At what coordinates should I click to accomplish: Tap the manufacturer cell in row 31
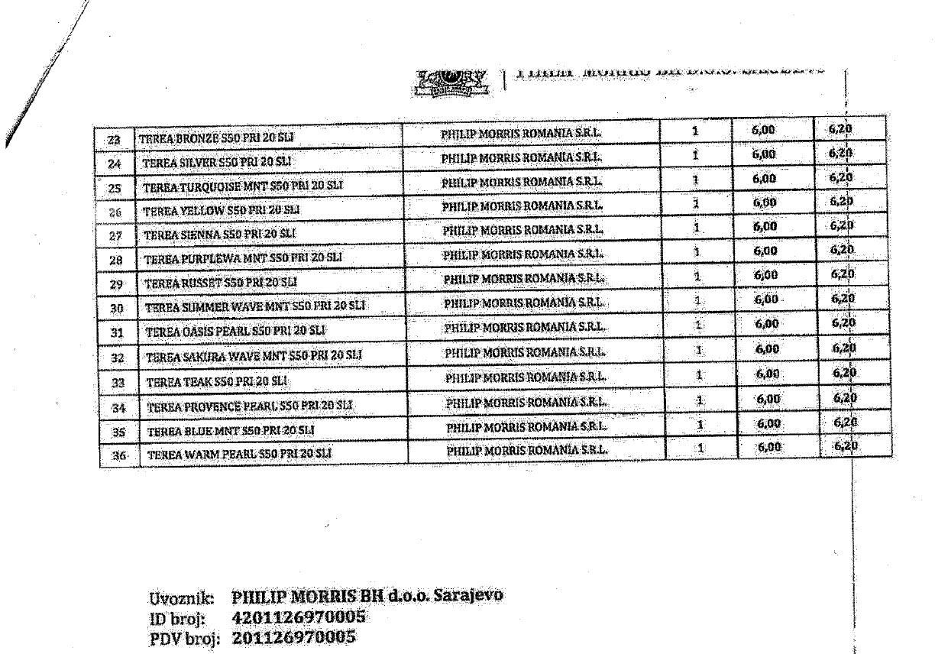[525, 327]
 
